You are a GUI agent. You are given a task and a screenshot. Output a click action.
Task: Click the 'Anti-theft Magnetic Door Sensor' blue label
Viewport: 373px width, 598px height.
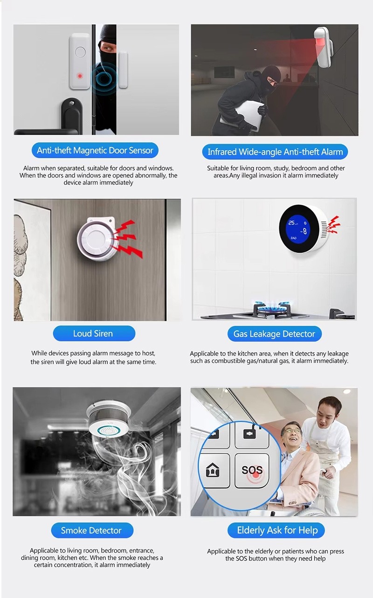[x=95, y=150]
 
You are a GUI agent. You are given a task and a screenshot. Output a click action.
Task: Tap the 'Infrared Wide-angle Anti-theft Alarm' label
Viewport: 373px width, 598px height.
[x=275, y=152]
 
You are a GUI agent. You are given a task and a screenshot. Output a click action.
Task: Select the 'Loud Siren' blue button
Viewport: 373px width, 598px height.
[x=94, y=333]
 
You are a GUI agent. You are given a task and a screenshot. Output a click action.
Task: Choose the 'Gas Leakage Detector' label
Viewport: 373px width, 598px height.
[x=275, y=334]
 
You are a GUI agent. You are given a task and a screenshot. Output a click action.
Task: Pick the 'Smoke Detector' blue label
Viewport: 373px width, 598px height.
[x=92, y=530]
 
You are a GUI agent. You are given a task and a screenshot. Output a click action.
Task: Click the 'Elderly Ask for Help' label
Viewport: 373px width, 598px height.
[x=276, y=530]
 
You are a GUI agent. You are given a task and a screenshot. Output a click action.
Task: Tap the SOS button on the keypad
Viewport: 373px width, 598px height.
[x=252, y=470]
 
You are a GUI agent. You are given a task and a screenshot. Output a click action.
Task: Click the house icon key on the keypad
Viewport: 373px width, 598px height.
[x=213, y=470]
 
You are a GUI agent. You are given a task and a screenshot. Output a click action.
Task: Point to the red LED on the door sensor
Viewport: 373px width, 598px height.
[x=80, y=76]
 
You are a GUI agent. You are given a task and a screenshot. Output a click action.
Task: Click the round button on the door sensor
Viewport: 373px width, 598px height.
[x=80, y=52]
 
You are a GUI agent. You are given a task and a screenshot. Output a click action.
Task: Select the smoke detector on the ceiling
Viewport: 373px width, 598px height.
[x=109, y=418]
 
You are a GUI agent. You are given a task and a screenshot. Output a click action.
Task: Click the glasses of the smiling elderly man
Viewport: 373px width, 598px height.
[x=292, y=431]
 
